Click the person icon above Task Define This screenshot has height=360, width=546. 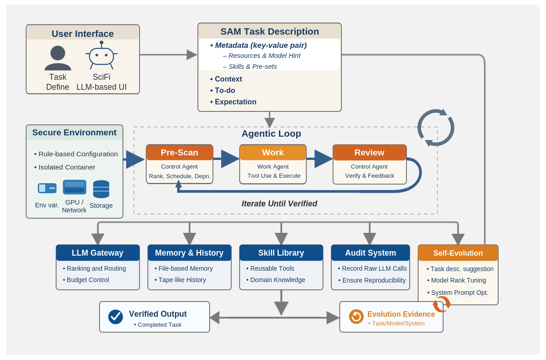pyautogui.click(x=58, y=57)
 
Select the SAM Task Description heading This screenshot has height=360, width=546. pyautogui.click(x=269, y=31)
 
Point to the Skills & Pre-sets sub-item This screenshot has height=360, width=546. pyautogui.click(x=252, y=67)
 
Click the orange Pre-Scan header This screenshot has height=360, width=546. pyautogui.click(x=180, y=152)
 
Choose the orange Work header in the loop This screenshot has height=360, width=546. pyautogui.click(x=273, y=152)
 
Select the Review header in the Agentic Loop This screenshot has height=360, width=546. pyautogui.click(x=369, y=152)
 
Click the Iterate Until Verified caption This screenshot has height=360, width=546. pyautogui.click(x=279, y=204)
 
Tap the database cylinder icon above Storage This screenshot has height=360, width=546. pyautogui.click(x=101, y=189)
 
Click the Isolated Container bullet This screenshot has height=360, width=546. pyautogui.click(x=67, y=167)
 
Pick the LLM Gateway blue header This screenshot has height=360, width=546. pyautogui.click(x=98, y=253)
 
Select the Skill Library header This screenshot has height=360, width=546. pyautogui.click(x=281, y=253)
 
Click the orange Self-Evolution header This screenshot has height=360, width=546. pyautogui.click(x=458, y=253)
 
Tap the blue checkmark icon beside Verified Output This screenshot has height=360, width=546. pyautogui.click(x=115, y=317)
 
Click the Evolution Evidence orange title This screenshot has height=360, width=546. pyautogui.click(x=401, y=314)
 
